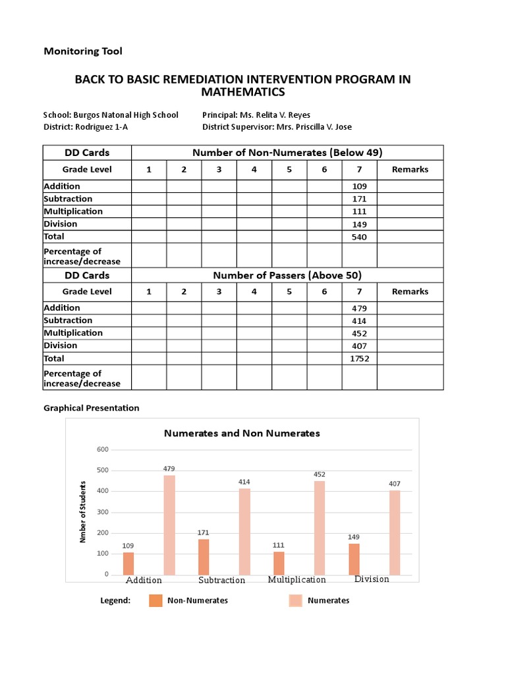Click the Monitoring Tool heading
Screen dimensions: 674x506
point(83,51)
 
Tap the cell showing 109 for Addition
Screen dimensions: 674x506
point(359,186)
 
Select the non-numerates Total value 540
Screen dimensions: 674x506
point(359,236)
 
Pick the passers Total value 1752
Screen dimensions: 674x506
point(359,359)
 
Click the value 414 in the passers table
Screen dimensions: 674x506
point(359,321)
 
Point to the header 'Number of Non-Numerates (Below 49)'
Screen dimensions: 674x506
point(287,153)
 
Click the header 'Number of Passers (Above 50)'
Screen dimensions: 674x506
point(287,275)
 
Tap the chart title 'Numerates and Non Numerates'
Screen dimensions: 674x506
point(242,433)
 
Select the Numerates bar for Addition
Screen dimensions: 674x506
point(169,525)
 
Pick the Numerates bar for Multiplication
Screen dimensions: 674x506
point(320,527)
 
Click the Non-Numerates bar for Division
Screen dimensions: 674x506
point(354,559)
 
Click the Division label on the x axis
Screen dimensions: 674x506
point(372,579)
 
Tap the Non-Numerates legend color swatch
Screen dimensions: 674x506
point(155,600)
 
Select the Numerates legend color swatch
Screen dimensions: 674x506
point(295,600)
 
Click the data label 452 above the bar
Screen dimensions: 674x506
point(320,474)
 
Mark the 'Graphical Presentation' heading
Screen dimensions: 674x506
point(92,408)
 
